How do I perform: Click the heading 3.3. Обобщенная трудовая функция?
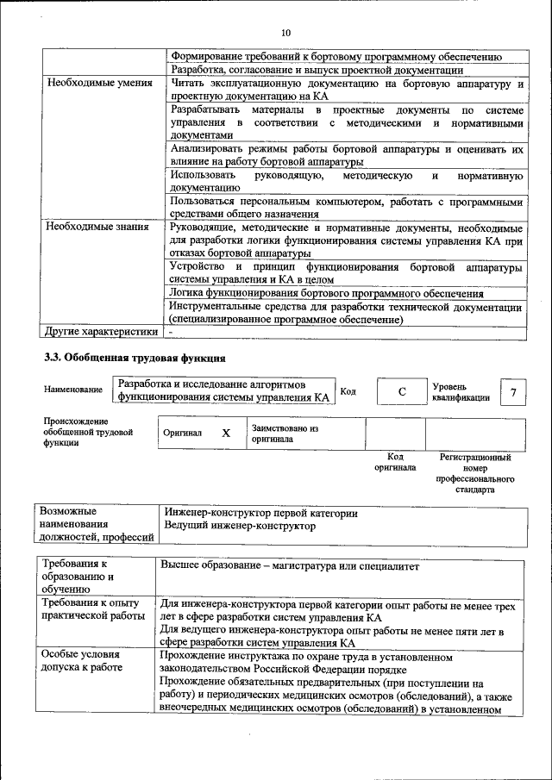point(135,358)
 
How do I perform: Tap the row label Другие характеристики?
point(101,331)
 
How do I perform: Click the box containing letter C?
point(401,392)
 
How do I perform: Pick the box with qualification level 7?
point(513,393)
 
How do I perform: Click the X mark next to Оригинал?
point(226,434)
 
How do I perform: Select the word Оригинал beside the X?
point(183,434)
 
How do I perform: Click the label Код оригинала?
point(395,462)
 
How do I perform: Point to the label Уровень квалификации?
point(461,392)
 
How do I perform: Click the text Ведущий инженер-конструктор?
point(240,526)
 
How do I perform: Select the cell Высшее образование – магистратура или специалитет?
point(290,566)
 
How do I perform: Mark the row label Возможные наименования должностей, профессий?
point(94,525)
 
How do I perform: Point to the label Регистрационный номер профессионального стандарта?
point(474,473)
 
